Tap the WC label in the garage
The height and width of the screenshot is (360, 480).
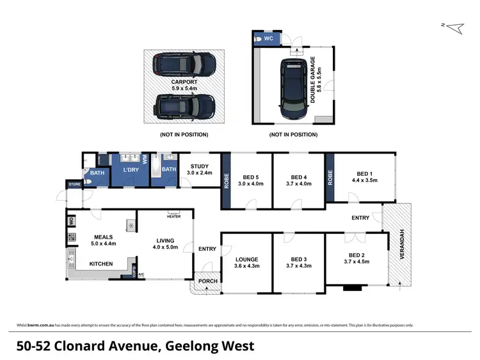(x=268, y=40)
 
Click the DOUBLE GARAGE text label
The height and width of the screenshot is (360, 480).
(x=314, y=80)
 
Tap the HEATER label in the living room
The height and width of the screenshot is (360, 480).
(x=174, y=216)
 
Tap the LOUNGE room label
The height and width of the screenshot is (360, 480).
(x=246, y=259)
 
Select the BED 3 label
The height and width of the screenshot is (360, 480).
(x=299, y=259)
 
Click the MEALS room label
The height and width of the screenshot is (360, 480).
(x=104, y=235)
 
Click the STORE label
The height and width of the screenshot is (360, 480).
(x=75, y=185)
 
